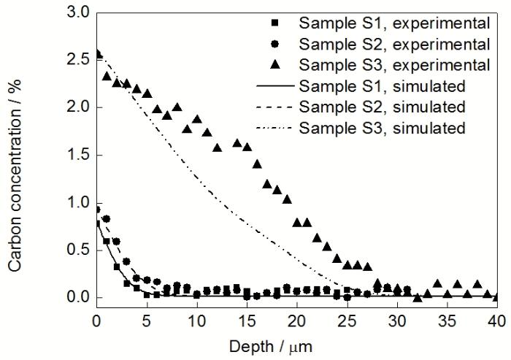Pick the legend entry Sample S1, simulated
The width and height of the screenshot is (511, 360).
point(386,86)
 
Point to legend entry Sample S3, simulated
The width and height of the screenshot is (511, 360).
point(386,128)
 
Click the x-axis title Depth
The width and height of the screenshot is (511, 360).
point(294,342)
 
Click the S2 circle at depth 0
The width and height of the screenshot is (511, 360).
point(97,210)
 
